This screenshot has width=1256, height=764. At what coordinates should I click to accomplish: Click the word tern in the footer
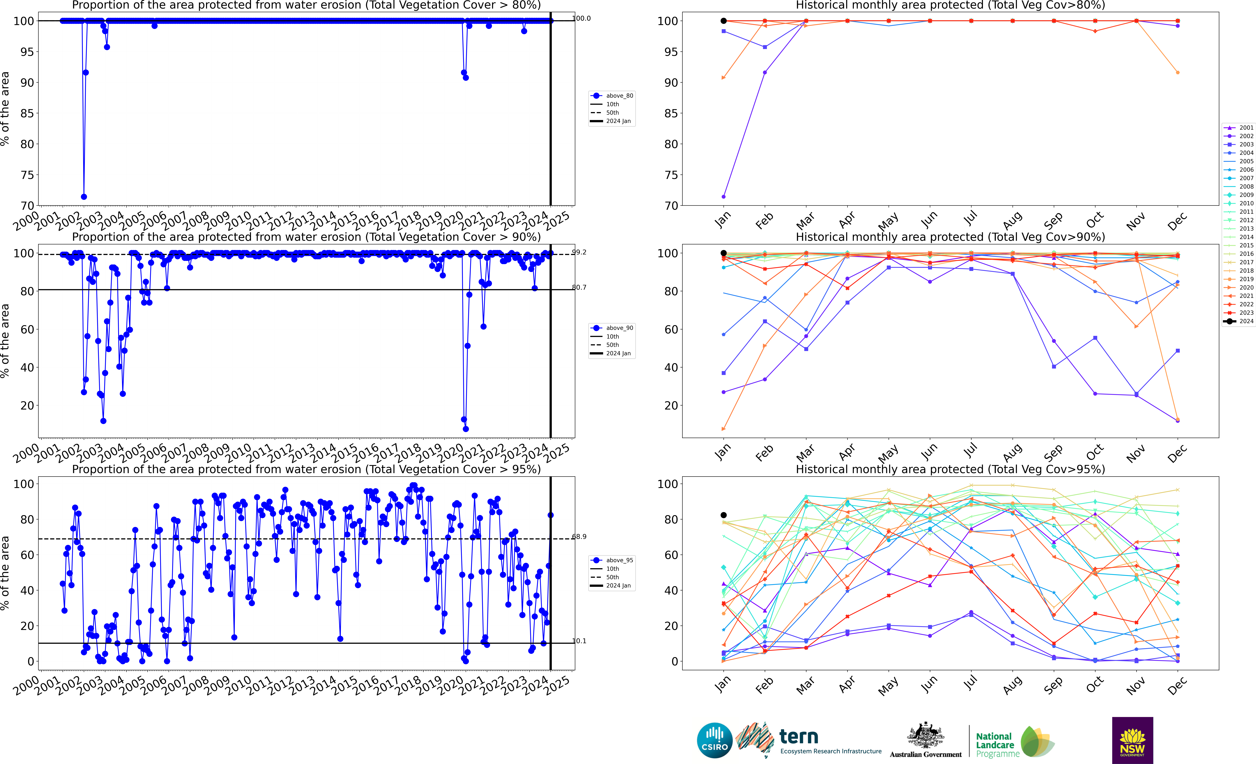799,737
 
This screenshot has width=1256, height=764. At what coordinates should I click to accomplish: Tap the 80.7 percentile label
579,287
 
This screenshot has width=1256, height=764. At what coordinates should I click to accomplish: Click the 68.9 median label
579,536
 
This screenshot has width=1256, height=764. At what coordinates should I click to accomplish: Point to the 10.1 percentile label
579,641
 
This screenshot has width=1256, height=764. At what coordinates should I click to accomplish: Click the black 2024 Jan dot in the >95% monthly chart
723,515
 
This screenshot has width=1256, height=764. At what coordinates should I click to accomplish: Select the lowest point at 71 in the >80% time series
84,197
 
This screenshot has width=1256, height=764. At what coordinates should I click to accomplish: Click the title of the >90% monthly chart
950,237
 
